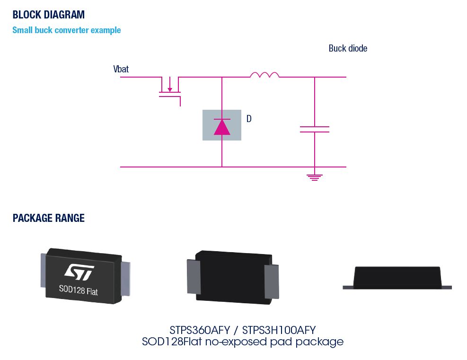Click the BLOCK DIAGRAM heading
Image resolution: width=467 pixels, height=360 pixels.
coord(49,14)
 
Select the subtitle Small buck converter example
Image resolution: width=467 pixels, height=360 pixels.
coord(67,30)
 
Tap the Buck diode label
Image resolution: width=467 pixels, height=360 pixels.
coord(348,48)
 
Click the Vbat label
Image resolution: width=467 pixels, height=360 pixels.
coord(121,70)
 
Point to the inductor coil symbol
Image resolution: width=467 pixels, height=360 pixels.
coord(264,75)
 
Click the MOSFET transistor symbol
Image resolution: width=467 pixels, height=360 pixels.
coord(170,88)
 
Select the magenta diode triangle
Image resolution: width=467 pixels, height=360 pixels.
coord(222,127)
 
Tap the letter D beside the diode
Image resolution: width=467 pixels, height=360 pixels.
coord(249,119)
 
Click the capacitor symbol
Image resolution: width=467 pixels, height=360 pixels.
coord(314,129)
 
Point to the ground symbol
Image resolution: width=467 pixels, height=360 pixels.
coord(314,177)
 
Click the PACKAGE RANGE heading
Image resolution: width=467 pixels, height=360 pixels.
coord(49,218)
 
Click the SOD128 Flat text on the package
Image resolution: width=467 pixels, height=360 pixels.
coord(78,290)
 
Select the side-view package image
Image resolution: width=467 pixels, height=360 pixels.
coord(397,278)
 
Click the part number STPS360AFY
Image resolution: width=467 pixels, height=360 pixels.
coord(199,329)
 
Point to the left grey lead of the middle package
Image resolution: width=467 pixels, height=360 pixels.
coord(192,277)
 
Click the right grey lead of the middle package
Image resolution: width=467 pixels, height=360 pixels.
coord(271,281)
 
